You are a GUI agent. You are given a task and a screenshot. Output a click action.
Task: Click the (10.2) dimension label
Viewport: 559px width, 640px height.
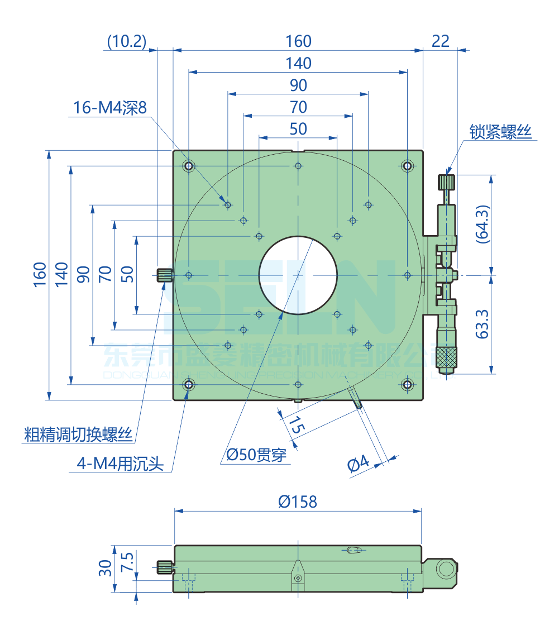[126, 41]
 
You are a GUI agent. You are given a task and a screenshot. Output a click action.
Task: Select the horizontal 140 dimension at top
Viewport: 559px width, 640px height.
[298, 63]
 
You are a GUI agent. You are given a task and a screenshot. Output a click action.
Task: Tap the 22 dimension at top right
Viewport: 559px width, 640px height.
[441, 41]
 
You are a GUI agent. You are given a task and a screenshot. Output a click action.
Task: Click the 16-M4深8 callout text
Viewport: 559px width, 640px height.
[110, 108]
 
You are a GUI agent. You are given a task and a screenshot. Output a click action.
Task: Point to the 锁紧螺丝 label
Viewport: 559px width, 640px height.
[501, 132]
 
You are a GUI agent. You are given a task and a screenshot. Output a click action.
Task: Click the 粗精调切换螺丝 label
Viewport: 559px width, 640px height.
[78, 434]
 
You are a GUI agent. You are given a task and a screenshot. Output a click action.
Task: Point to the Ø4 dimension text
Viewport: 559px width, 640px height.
[359, 463]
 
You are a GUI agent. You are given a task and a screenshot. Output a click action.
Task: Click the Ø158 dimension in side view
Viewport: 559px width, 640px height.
[298, 502]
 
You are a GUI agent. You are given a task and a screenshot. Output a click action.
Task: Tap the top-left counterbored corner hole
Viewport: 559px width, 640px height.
[189, 166]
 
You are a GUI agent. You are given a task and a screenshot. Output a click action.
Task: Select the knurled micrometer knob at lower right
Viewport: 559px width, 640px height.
[447, 356]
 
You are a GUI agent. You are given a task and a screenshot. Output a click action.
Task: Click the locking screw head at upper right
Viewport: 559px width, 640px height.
[447, 182]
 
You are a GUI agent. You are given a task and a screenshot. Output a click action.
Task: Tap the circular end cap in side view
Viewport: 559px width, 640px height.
[447, 570]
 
